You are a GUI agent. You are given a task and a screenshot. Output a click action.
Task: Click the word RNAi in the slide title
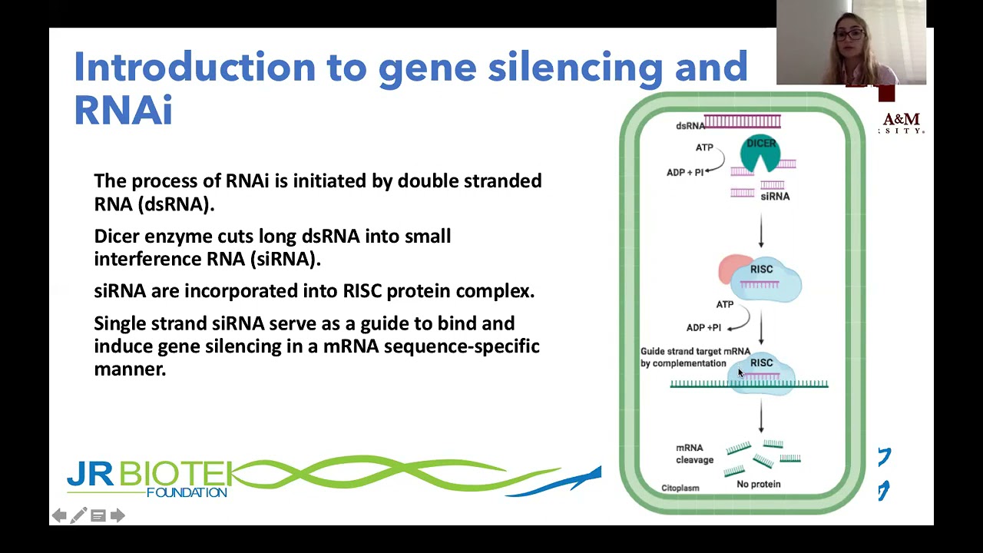pyautogui.click(x=123, y=111)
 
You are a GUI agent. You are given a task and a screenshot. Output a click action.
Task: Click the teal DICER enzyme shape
pyautogui.click(x=760, y=153)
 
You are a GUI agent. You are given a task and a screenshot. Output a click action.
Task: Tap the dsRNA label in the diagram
pyautogui.click(x=690, y=126)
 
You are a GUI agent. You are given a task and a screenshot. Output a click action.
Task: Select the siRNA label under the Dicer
pyautogui.click(x=775, y=197)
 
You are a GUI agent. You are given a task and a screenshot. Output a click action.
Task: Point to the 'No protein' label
pyautogui.click(x=758, y=484)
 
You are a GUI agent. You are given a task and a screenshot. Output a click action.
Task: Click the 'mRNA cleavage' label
pyautogui.click(x=694, y=454)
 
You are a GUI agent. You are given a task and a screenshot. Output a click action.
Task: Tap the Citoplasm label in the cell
pyautogui.click(x=680, y=488)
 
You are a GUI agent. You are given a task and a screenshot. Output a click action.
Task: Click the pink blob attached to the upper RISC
pyautogui.click(x=731, y=269)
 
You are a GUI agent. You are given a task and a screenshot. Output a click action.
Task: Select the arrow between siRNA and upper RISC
pyautogui.click(x=761, y=230)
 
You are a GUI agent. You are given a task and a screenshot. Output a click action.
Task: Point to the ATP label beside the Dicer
pyautogui.click(x=704, y=147)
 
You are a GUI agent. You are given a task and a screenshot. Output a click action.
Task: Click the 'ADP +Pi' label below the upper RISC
pyautogui.click(x=703, y=327)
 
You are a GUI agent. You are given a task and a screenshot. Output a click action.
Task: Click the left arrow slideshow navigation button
pyautogui.click(x=59, y=515)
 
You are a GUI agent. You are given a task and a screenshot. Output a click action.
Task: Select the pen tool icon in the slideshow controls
pyautogui.click(x=78, y=515)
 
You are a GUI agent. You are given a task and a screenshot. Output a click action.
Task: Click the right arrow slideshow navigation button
pyautogui.click(x=117, y=515)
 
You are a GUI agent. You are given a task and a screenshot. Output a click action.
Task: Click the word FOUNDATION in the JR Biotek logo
pyautogui.click(x=187, y=492)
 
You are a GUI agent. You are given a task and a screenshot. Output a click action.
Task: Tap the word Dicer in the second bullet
pyautogui.click(x=117, y=236)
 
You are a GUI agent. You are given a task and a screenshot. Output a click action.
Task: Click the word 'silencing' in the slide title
pyautogui.click(x=574, y=68)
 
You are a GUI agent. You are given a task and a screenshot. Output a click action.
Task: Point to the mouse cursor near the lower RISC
pyautogui.click(x=740, y=373)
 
